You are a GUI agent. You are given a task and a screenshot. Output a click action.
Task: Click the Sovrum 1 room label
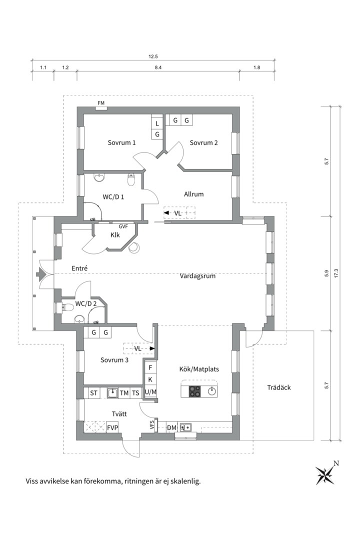[121, 142]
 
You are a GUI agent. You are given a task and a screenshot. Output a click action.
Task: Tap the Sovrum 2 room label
[203, 142]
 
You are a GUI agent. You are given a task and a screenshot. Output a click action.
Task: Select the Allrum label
[193, 194]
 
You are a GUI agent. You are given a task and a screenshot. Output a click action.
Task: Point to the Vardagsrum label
[197, 275]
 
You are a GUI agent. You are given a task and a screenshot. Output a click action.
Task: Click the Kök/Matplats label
[199, 369]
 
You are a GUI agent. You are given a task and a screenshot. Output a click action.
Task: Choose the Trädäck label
[278, 387]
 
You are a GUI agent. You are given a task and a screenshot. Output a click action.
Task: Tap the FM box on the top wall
[101, 103]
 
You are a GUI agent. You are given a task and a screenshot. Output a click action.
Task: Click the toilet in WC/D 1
[131, 177]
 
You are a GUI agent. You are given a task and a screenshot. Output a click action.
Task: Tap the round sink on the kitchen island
[212, 391]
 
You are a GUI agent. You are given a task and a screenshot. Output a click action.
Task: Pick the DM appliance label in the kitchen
[171, 427]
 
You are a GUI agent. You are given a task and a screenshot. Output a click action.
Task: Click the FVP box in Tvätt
[112, 427]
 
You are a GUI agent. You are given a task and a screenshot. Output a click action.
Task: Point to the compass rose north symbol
[325, 474]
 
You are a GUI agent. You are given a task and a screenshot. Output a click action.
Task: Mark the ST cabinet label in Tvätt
[93, 393]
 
